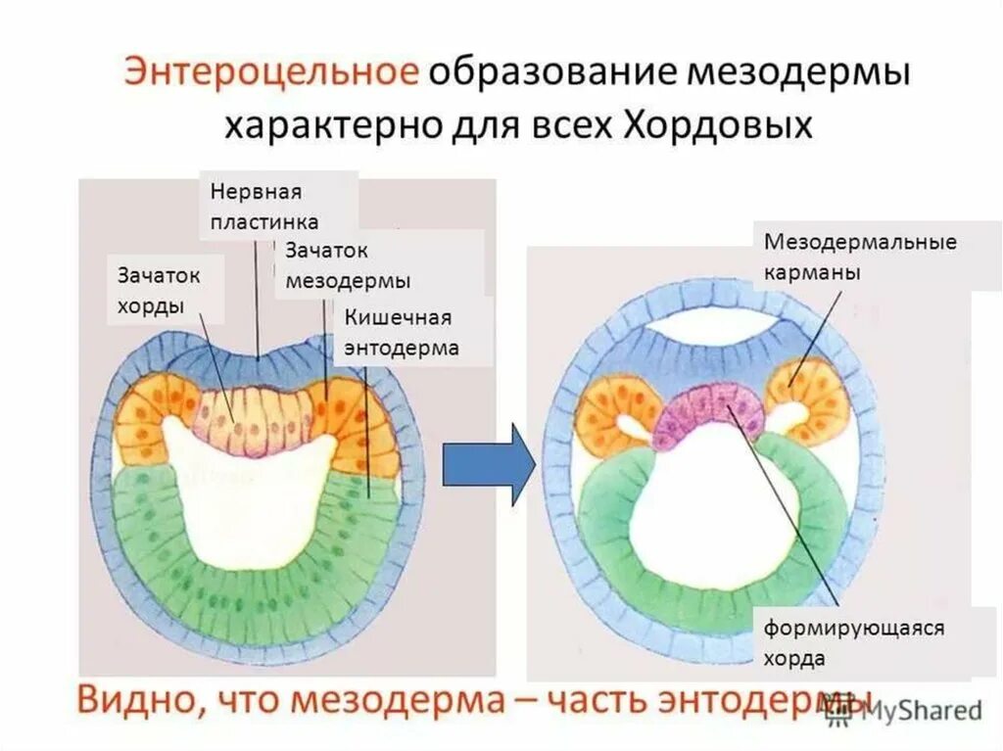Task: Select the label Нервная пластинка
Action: tap(263, 206)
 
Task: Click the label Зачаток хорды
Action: tap(160, 290)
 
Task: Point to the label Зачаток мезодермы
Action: tap(349, 265)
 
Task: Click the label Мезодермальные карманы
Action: tap(860, 257)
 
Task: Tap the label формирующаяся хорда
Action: tap(854, 642)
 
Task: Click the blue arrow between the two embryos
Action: tap(488, 464)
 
